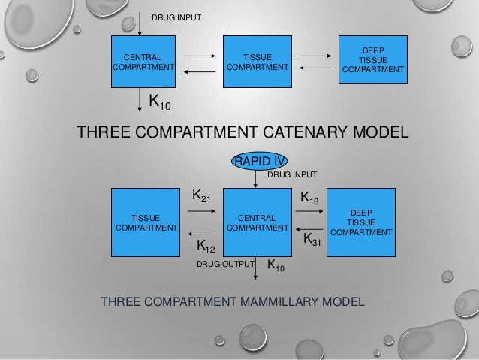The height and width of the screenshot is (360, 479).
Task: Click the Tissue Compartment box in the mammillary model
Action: pos(145,222)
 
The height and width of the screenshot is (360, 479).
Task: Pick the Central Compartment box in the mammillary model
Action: pos(258,222)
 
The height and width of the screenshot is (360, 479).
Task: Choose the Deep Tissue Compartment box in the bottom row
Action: pos(361,222)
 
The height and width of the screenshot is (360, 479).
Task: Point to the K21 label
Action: pos(201,195)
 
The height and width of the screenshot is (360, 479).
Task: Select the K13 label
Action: pos(310,198)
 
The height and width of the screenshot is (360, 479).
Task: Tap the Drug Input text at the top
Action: pos(176,17)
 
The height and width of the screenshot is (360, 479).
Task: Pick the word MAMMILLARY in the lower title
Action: pos(288,302)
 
